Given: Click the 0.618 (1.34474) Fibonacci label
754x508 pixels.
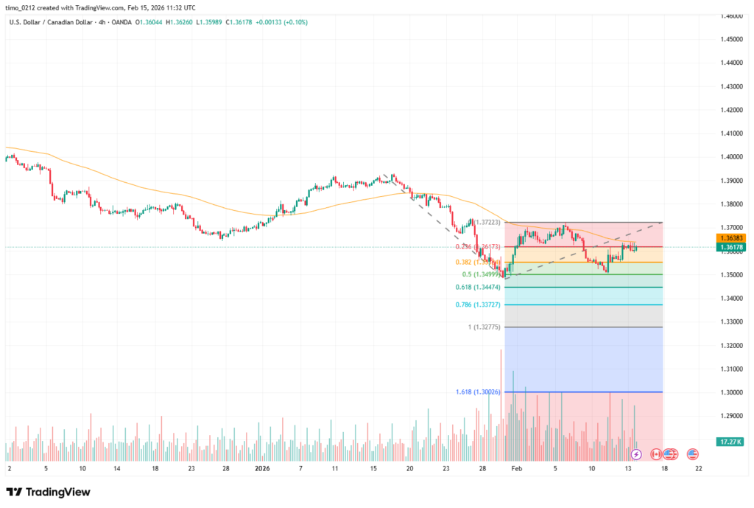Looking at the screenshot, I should (x=477, y=287).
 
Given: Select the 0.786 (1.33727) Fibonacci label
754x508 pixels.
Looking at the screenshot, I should (x=478, y=305).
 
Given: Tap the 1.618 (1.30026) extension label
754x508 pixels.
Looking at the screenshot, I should (x=477, y=392).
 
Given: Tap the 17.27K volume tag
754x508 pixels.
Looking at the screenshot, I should (x=729, y=442).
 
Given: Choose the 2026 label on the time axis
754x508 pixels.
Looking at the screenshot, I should (x=262, y=468).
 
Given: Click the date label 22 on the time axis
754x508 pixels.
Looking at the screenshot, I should (x=698, y=468).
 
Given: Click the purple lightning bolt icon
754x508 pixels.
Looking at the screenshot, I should (x=636, y=454).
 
